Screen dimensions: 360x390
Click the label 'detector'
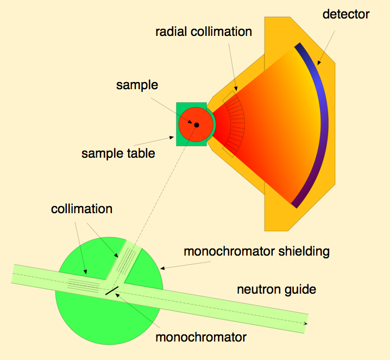(x=345, y=14)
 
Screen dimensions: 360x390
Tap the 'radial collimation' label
(x=204, y=32)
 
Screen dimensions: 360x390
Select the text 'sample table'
(x=118, y=153)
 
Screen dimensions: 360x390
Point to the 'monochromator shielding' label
(x=257, y=251)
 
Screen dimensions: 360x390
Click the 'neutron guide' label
(x=276, y=289)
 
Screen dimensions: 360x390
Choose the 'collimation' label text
(x=82, y=209)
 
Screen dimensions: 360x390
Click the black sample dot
(x=197, y=125)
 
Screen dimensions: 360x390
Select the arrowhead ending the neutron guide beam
(x=305, y=324)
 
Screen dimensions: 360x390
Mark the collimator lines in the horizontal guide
(x=84, y=284)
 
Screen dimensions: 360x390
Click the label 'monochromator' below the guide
(x=201, y=337)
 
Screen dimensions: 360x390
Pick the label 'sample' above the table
(x=137, y=85)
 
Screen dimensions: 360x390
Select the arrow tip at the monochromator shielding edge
(x=161, y=268)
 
